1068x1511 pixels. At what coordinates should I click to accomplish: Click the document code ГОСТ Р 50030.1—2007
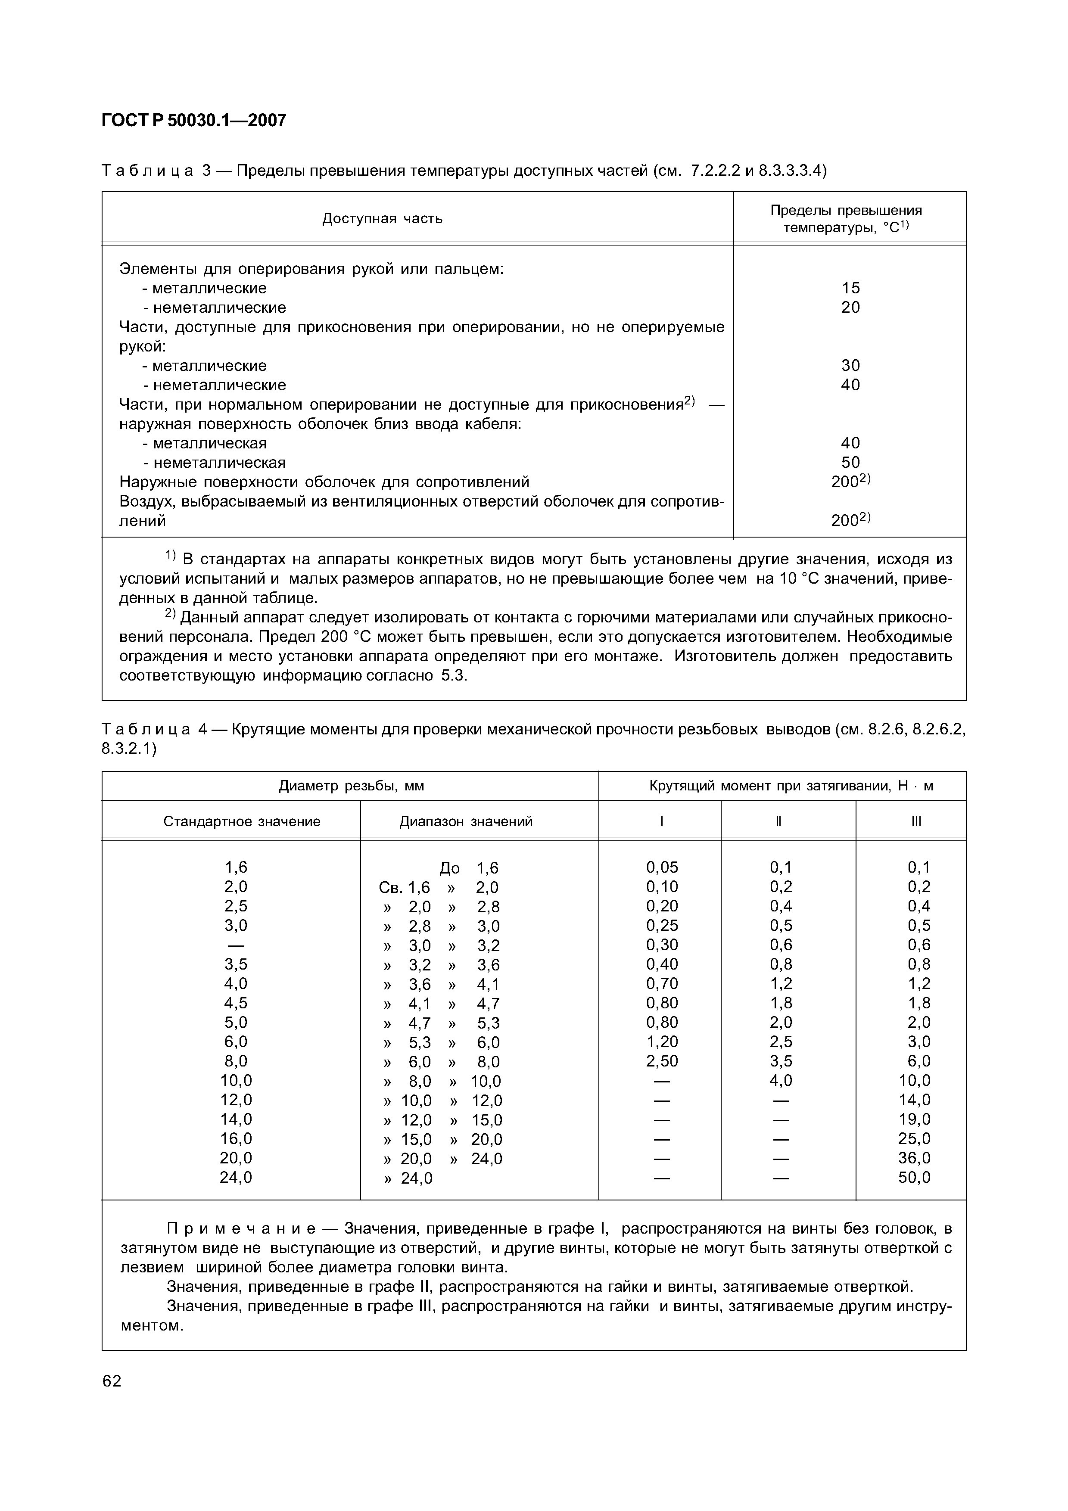pos(194,121)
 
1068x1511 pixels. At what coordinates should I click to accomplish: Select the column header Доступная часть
pos(382,218)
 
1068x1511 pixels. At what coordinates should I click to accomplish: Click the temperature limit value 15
pos(850,288)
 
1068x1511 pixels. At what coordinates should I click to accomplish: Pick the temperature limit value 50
pos(850,462)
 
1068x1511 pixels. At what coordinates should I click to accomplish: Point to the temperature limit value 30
pos(850,365)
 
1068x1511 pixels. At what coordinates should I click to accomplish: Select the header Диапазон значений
pos(466,821)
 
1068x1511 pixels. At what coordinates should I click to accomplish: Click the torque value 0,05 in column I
pos(662,867)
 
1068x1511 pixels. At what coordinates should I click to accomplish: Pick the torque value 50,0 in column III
pos(915,1177)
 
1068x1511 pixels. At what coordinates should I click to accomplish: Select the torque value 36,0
pos(915,1158)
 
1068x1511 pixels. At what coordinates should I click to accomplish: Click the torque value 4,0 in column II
pos(781,1081)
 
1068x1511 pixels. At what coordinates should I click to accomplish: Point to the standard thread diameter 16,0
pos(236,1138)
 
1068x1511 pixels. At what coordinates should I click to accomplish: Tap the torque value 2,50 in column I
pos(662,1061)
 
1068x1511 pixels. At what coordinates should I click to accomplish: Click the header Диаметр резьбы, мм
pos(352,786)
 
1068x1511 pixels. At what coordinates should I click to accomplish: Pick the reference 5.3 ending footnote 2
pos(453,676)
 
